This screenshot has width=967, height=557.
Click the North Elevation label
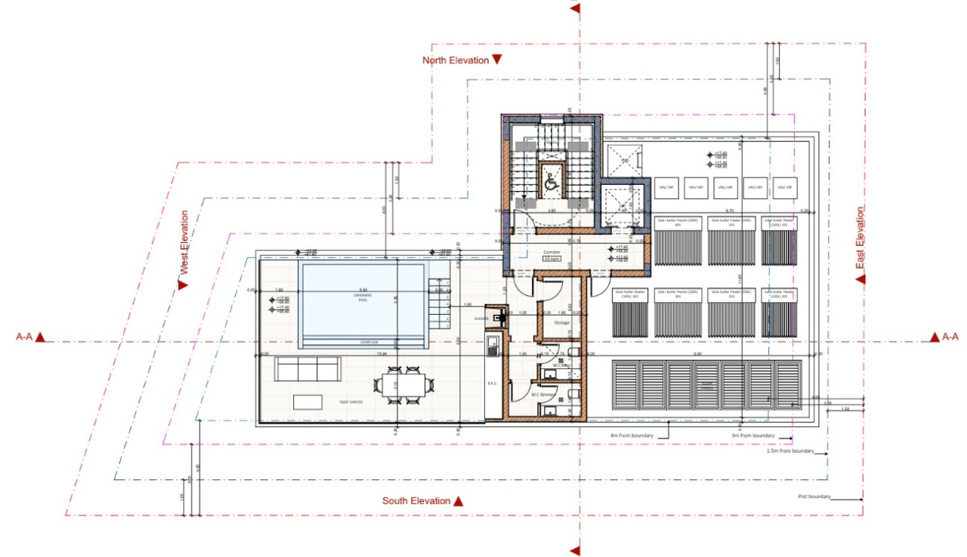point(456,60)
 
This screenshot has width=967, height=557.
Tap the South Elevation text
point(416,501)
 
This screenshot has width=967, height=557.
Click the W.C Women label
point(544,394)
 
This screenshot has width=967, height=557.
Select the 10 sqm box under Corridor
point(552,258)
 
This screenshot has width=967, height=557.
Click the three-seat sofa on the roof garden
point(307,369)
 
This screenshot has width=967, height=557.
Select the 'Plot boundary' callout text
point(814,497)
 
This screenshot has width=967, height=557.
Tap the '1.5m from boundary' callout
point(790,451)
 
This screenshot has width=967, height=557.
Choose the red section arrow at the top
point(575,9)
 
